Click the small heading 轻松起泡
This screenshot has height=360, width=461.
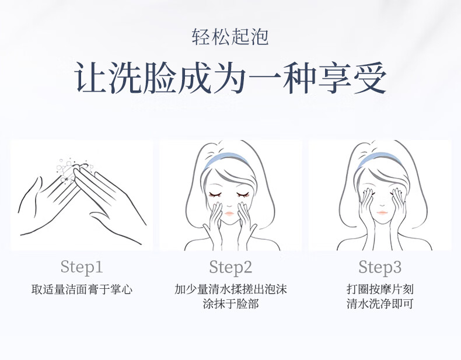(x=230, y=37)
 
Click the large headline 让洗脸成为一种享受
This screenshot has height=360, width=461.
(x=230, y=78)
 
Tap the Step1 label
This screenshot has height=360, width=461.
(x=82, y=267)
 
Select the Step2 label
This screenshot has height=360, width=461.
(x=231, y=267)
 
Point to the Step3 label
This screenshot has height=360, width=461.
(x=380, y=267)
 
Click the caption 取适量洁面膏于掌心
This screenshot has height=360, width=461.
(x=82, y=289)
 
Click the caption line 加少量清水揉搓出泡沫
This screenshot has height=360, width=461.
(x=231, y=289)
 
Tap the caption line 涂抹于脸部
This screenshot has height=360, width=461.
(x=231, y=303)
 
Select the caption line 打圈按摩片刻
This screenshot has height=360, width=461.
(x=380, y=289)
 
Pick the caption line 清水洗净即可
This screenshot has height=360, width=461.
(x=380, y=303)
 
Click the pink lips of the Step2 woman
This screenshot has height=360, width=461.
(x=229, y=213)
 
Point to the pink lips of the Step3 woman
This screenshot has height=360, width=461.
(x=382, y=212)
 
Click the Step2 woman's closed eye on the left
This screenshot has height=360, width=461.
(x=215, y=194)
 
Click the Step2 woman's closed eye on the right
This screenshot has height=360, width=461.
(x=243, y=194)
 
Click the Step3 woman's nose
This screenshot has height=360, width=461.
(x=382, y=205)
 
